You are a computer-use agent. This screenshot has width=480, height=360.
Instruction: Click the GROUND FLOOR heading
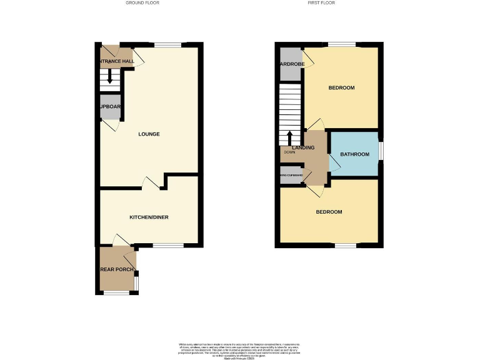(x=142, y=2)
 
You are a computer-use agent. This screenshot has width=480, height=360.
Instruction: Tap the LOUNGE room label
(x=149, y=134)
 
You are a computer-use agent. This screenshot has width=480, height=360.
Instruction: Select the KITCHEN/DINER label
(x=149, y=217)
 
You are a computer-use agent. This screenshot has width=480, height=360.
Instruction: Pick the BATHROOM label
(x=354, y=154)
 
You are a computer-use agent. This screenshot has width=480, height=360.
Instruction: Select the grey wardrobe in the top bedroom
(x=290, y=64)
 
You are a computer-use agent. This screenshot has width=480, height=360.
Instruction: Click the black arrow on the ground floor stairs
(x=111, y=77)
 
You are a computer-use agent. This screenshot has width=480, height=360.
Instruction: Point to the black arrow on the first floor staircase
(x=289, y=137)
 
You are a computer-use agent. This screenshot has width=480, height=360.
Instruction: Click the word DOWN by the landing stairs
(x=289, y=152)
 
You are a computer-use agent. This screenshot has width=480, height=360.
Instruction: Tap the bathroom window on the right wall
(x=380, y=152)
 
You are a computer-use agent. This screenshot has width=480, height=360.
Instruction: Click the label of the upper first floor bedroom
(x=341, y=88)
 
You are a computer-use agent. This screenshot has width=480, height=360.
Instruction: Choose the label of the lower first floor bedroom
(x=329, y=212)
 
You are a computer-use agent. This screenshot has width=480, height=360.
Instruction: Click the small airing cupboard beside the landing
(x=291, y=176)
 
